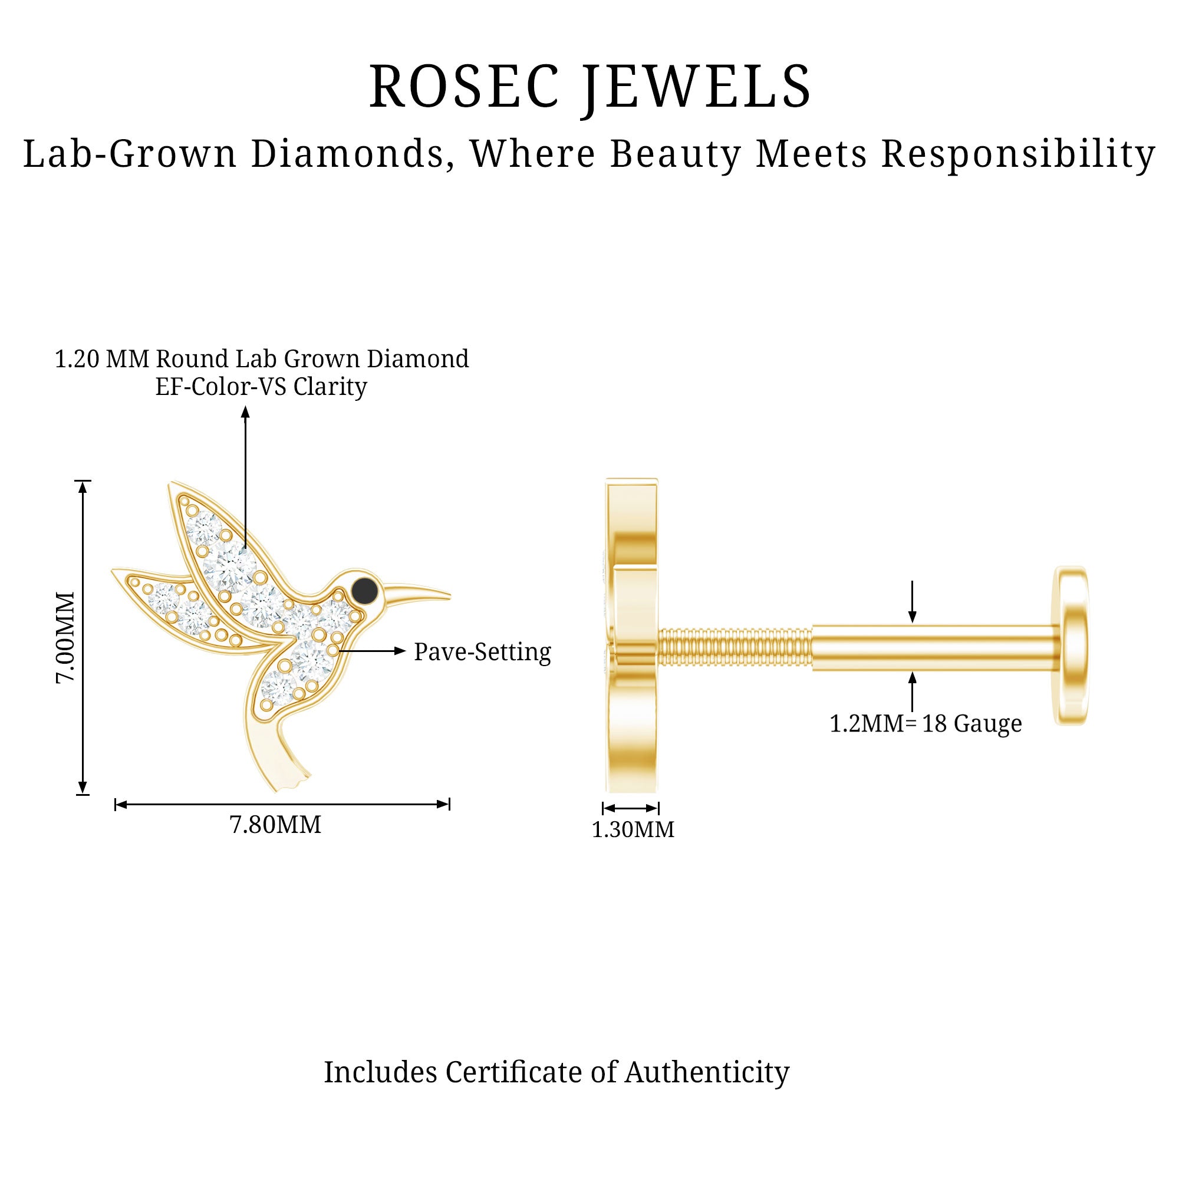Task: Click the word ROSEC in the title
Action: [x=463, y=87]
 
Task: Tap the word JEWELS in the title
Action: [x=696, y=87]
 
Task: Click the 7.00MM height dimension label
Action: [x=65, y=637]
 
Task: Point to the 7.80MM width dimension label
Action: [x=275, y=825]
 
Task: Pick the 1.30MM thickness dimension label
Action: [x=633, y=830]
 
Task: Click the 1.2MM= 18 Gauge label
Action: [x=925, y=724]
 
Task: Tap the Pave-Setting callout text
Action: [x=482, y=652]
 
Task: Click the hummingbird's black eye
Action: [x=365, y=589]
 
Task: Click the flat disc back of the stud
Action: [x=1072, y=645]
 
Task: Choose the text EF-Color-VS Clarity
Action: [x=261, y=387]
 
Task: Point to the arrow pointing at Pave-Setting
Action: [x=372, y=651]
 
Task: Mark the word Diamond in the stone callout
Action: [x=417, y=359]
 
